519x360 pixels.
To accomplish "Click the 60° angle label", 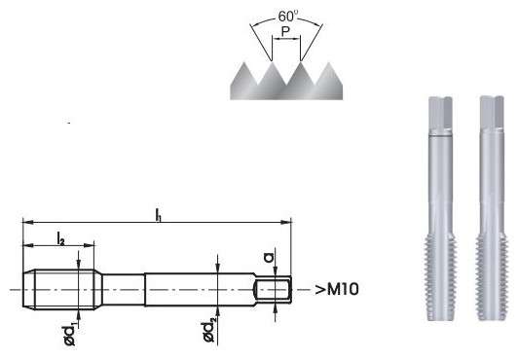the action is point(288,16).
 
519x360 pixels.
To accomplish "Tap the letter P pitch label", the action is point(285,32).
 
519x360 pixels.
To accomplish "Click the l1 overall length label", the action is point(159,215).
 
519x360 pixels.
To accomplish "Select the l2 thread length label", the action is point(60,238).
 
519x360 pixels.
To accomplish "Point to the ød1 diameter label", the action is point(71,335).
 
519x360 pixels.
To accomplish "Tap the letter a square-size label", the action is point(270,257).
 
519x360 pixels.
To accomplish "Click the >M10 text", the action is point(336,290).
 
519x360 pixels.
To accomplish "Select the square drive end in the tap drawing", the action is point(273,290).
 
